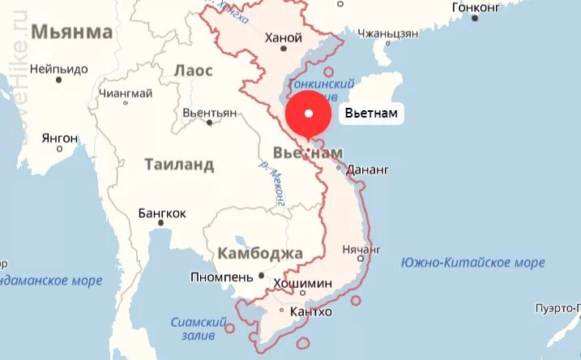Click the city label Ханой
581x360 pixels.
284,37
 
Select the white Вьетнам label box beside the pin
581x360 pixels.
371,113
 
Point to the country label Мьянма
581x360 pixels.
72,32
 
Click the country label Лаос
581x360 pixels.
194,71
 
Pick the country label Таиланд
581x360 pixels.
179,165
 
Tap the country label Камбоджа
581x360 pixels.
260,253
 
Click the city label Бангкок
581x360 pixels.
162,213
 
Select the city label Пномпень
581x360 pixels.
223,276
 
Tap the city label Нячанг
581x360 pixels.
361,249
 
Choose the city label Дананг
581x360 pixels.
368,170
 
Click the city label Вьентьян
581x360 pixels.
209,113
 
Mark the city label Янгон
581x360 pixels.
59,138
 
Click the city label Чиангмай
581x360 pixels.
125,93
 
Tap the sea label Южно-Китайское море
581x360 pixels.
473,263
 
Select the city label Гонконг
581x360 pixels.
476,6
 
